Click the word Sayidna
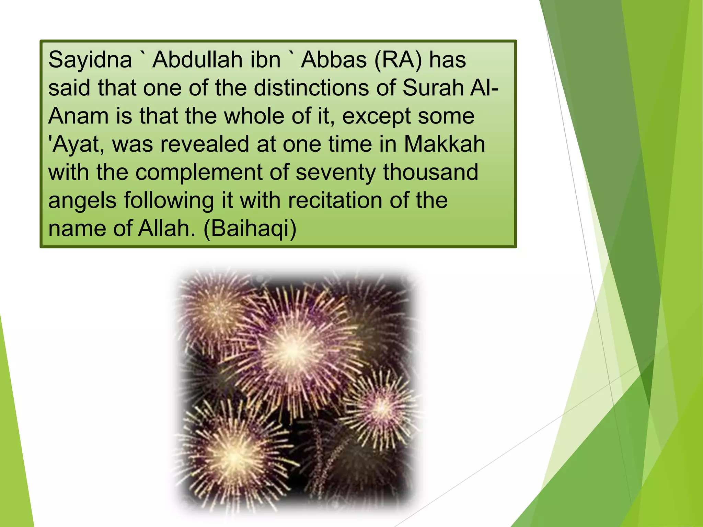[x=90, y=60]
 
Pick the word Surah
[x=433, y=88]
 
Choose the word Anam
[x=79, y=116]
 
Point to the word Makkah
[x=444, y=144]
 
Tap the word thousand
[x=430, y=172]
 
